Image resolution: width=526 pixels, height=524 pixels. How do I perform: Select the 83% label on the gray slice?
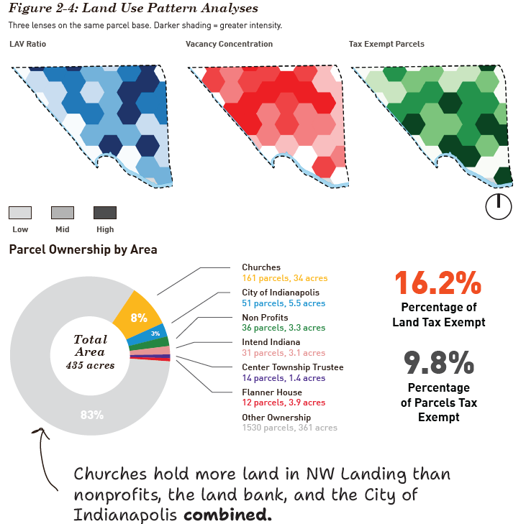[x=92, y=415]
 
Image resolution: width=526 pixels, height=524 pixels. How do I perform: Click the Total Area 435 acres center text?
[x=90, y=351]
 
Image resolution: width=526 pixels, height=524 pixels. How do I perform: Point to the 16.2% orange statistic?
[x=438, y=283]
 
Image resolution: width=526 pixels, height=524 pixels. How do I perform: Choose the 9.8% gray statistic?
[x=439, y=362]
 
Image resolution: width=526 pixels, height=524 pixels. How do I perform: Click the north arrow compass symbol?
[x=499, y=206]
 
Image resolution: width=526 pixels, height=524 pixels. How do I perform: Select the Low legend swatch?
[x=20, y=213]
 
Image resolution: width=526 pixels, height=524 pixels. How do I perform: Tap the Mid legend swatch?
[x=63, y=213]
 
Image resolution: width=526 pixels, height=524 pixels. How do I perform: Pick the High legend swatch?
[x=105, y=213]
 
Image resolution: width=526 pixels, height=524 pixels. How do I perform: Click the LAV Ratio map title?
[x=28, y=44]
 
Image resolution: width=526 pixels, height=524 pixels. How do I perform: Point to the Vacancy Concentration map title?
[x=229, y=44]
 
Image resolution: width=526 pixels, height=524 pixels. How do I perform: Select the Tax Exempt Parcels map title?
[x=386, y=44]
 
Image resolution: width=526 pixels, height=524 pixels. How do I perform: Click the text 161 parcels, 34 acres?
[x=285, y=278]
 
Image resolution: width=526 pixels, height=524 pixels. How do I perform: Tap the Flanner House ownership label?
[x=272, y=392]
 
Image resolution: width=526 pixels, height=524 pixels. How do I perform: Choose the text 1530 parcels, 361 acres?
[x=289, y=428]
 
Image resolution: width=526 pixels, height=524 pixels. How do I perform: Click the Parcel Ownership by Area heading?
[x=83, y=249]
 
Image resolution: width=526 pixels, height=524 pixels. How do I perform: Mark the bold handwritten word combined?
[x=227, y=514]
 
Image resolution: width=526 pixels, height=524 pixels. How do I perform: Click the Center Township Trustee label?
[x=293, y=367]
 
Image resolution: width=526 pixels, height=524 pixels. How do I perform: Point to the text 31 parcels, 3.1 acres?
[x=284, y=353]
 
